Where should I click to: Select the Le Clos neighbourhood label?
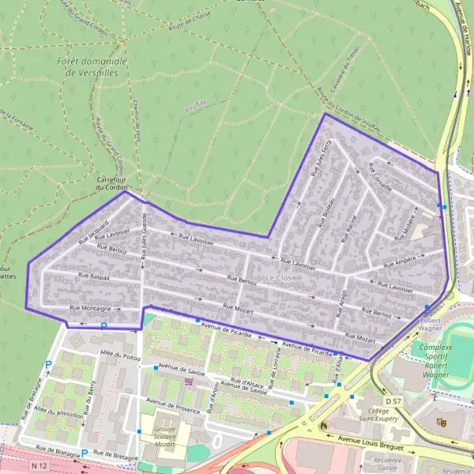point(280,279)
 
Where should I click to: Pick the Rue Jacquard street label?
point(93,229)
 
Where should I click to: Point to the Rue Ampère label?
point(400,261)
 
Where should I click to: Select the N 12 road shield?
point(39,467)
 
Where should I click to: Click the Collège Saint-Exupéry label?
point(374,415)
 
